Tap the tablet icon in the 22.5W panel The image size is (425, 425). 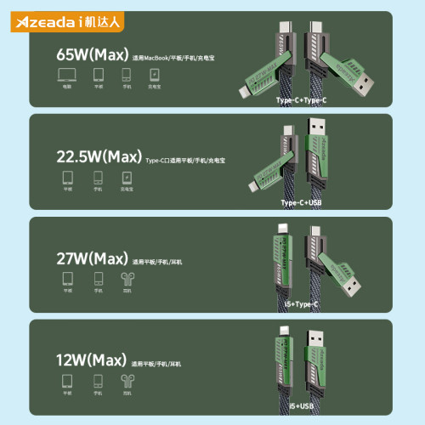point(67,178)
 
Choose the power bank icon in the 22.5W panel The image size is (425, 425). point(127,178)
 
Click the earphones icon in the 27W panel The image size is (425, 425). point(127,279)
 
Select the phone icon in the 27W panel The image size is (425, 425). point(97,279)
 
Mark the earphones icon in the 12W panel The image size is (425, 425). point(127,381)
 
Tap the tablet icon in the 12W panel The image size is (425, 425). point(67,381)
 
